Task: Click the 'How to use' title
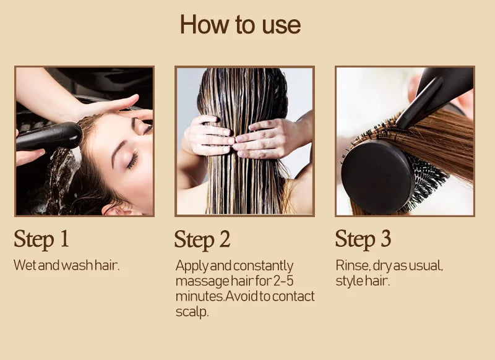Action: click(x=240, y=25)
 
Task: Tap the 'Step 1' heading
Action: click(x=41, y=239)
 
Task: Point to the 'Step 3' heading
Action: click(x=363, y=239)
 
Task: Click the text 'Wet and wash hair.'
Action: click(x=66, y=265)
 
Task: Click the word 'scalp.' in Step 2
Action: click(x=192, y=312)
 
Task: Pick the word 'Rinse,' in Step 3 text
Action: click(x=353, y=265)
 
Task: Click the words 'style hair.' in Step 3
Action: click(x=363, y=281)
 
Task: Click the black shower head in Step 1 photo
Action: click(x=49, y=136)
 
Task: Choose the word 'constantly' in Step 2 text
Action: click(x=262, y=265)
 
